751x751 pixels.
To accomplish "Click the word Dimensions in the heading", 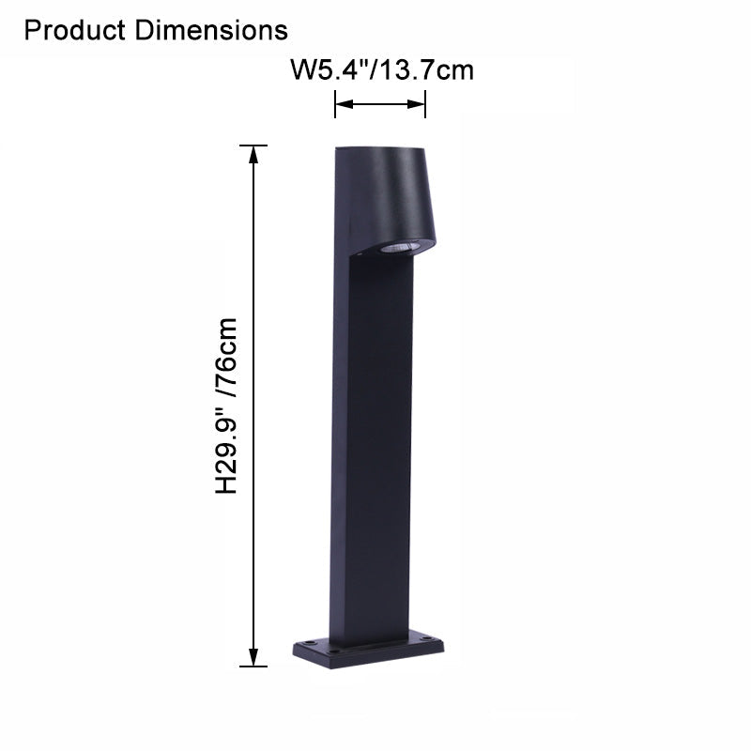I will [212, 30].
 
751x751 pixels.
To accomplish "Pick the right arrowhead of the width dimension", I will [420, 104].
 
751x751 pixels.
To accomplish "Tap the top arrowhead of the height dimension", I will [253, 153].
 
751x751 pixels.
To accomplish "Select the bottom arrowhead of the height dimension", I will [253, 659].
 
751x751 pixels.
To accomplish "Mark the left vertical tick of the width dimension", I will [335, 104].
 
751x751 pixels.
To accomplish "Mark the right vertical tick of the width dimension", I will [426, 104].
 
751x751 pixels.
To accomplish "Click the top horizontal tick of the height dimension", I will [253, 146].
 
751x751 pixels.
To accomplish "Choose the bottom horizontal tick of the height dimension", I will [253, 667].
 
